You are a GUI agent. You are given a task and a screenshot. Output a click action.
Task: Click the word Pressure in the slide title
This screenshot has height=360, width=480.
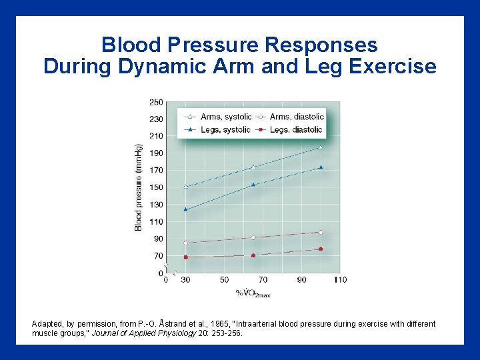click(208, 45)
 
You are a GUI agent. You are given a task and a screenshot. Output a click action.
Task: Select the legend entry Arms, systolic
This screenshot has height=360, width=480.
click(223, 116)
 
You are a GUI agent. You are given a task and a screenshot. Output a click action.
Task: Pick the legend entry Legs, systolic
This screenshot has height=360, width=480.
click(224, 129)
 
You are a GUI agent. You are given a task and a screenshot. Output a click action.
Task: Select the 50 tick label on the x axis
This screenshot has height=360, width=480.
click(224, 280)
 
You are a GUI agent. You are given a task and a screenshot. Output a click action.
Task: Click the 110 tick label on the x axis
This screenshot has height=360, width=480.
click(340, 280)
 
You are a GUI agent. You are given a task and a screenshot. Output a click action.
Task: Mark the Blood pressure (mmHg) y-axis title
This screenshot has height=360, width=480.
click(139, 187)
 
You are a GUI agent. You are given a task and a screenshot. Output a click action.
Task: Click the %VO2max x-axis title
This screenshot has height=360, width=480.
click(253, 293)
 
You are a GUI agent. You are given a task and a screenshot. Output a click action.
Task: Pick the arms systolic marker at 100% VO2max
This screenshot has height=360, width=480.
click(321, 147)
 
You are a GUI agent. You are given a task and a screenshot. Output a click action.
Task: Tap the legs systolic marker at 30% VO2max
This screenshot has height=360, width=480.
click(185, 209)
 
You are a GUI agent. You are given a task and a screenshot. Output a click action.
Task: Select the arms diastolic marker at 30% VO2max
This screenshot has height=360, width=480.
click(185, 243)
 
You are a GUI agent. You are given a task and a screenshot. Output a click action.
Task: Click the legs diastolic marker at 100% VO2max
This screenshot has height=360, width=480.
click(321, 249)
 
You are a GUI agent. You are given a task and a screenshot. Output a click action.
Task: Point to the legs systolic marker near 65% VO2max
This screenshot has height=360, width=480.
click(253, 185)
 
